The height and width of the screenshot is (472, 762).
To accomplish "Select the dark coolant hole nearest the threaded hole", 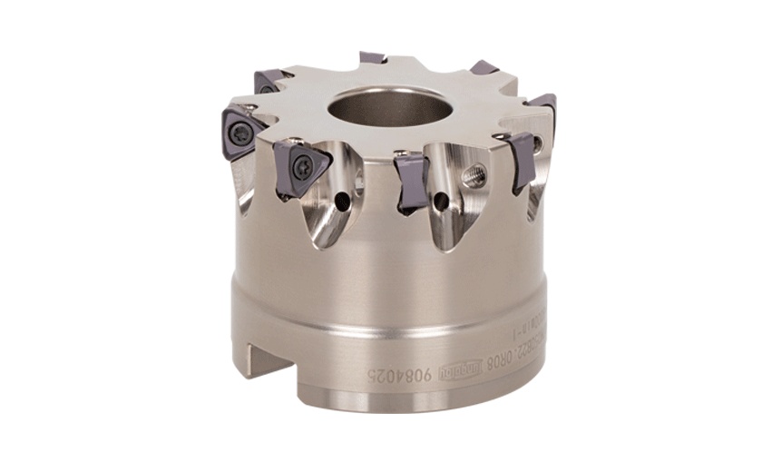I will click(x=441, y=200).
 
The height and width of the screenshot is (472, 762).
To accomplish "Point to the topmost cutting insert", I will click(x=373, y=57).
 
